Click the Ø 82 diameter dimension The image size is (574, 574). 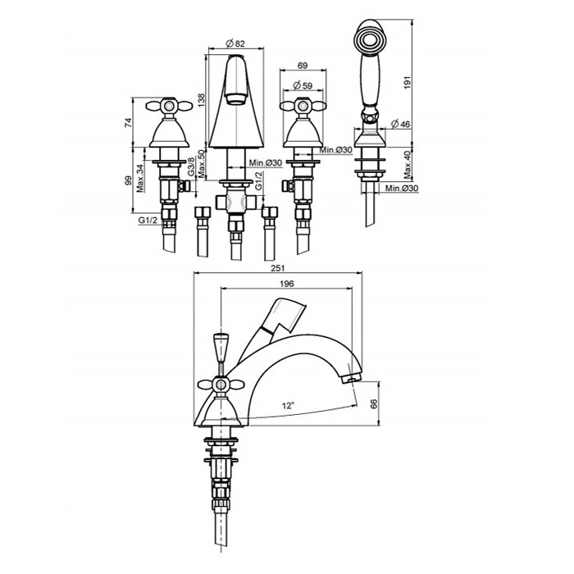point(235,43)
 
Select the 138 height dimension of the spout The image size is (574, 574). point(202,100)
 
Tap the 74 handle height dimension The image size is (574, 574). point(128,123)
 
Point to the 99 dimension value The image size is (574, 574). point(128,181)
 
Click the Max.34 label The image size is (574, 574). point(140,179)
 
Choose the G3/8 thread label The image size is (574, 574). point(190,166)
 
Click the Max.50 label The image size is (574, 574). point(201,164)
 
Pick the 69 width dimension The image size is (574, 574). point(303,66)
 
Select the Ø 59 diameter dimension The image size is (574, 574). point(303,85)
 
